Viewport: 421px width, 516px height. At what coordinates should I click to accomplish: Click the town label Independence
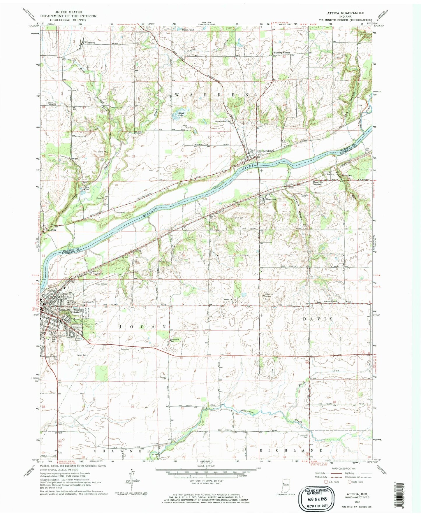point(265,151)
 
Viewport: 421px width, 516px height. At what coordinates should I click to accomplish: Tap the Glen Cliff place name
point(50,230)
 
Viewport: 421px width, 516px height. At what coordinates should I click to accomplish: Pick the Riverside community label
point(271,199)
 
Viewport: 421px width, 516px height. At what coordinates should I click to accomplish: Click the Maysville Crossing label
point(317,183)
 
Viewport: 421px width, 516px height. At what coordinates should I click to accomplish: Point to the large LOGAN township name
point(143,327)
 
